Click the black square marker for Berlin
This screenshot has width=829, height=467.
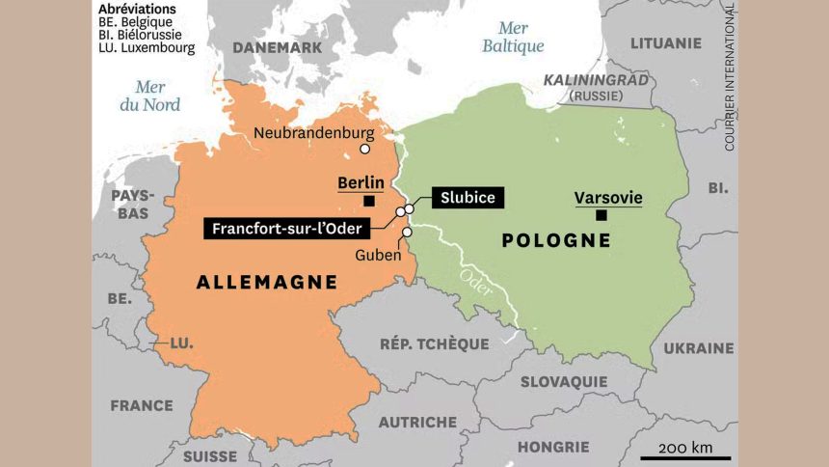369,201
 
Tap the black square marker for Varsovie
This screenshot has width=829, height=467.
602,215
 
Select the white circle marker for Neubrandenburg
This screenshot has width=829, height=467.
364,149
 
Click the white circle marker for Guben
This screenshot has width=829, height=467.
407,232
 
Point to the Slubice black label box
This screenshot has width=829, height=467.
467,198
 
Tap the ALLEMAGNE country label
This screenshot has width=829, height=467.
266,282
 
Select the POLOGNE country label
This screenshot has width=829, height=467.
556,240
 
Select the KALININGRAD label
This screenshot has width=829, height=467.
596,80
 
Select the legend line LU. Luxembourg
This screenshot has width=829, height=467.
147,46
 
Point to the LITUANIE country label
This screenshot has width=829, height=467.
665,42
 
